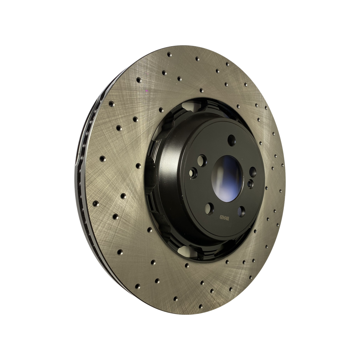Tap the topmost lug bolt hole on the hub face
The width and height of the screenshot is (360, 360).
(231, 140)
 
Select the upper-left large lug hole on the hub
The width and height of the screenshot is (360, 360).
(202, 160)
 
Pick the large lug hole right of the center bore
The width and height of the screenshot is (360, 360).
(253, 172)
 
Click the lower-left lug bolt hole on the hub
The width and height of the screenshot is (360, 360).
(209, 209)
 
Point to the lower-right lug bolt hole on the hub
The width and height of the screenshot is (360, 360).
(241, 211)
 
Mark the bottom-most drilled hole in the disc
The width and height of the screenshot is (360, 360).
(201, 306)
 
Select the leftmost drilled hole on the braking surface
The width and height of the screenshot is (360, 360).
(96, 203)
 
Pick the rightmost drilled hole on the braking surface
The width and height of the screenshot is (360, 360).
(282, 165)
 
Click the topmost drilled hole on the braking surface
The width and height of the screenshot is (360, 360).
(169, 54)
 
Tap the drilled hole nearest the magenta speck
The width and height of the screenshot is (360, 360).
(139, 80)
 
